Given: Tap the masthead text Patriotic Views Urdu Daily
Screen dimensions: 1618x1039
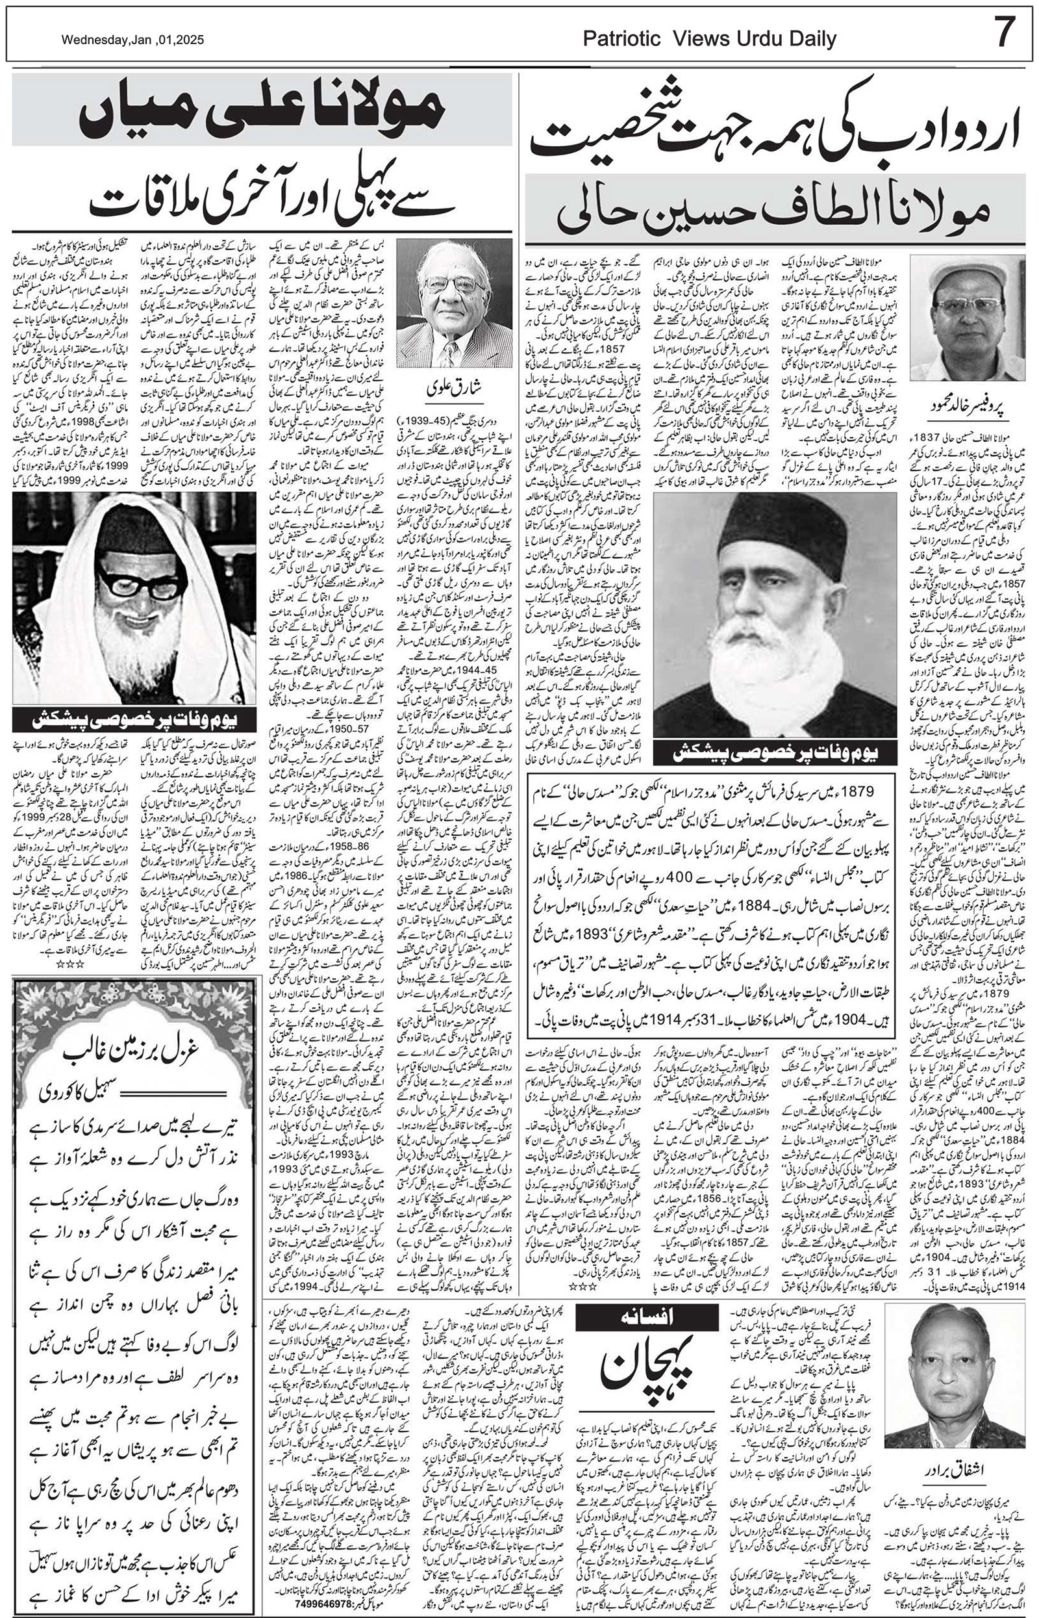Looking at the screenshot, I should coord(710,39).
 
